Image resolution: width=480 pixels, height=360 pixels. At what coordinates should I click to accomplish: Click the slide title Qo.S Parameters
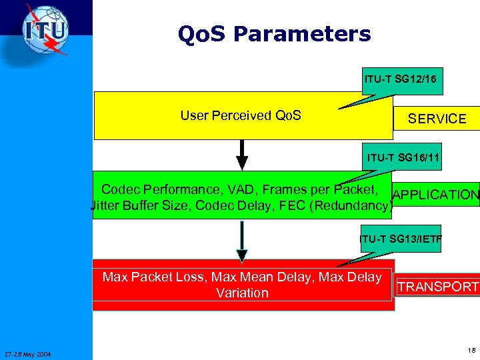click(274, 33)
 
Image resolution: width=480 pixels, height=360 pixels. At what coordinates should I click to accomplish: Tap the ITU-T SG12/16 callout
click(400, 79)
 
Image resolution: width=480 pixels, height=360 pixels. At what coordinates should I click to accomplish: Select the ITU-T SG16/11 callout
click(403, 157)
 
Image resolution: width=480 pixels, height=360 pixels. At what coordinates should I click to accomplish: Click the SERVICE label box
click(437, 118)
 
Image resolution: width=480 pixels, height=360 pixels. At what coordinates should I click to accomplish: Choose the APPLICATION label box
click(436, 195)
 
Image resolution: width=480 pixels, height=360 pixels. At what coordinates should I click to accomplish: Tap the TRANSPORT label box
click(437, 287)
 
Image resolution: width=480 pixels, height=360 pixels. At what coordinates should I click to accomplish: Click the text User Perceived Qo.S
click(241, 115)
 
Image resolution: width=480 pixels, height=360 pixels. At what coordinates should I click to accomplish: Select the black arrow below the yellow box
click(242, 155)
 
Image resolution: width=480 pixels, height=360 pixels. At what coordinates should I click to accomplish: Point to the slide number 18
click(471, 350)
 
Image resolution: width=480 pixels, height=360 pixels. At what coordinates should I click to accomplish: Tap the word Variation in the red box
click(242, 293)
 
